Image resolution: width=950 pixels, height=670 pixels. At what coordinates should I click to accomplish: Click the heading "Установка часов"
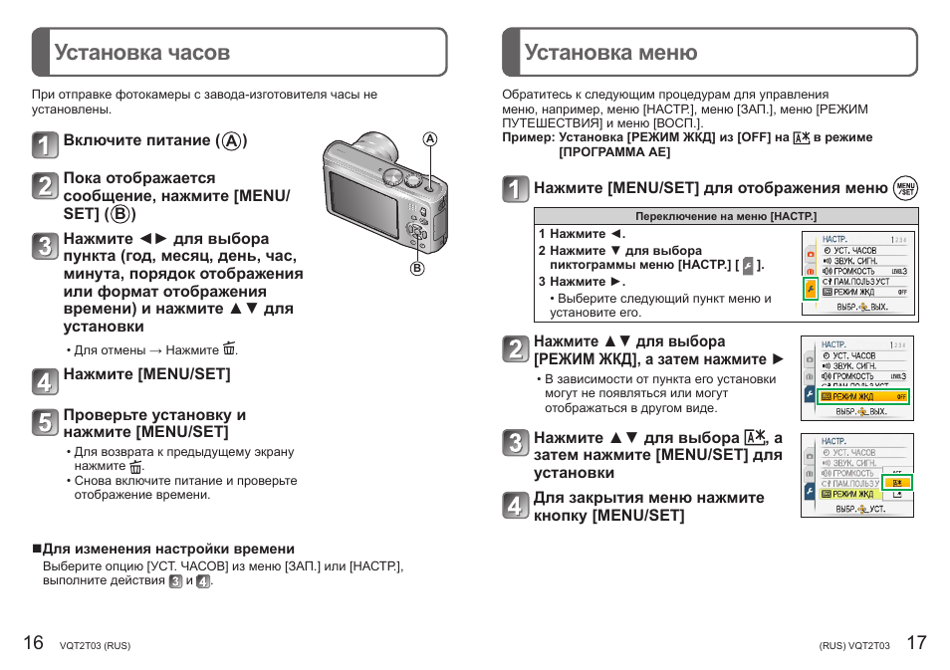click(x=141, y=53)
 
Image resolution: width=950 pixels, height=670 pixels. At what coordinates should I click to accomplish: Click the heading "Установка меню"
click(x=610, y=53)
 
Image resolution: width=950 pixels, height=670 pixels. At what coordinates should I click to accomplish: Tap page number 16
click(x=33, y=642)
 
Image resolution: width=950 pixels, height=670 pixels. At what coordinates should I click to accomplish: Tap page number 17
click(x=916, y=642)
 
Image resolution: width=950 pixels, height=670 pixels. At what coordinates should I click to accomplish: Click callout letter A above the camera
click(x=430, y=139)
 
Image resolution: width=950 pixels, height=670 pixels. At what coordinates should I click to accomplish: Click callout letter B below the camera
click(x=417, y=268)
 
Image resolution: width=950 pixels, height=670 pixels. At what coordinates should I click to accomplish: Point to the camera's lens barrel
click(x=373, y=147)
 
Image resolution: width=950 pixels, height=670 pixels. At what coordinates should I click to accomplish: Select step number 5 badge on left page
click(x=45, y=422)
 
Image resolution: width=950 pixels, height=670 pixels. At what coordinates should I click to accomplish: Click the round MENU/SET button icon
click(x=905, y=188)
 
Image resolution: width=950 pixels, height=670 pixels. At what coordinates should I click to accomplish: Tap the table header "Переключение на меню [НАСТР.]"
click(x=725, y=216)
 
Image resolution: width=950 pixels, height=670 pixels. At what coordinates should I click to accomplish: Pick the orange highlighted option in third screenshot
click(x=898, y=481)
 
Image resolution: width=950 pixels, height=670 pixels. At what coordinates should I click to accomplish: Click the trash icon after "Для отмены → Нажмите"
click(x=230, y=349)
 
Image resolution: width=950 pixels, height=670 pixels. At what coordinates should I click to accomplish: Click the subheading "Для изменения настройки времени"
click(x=167, y=549)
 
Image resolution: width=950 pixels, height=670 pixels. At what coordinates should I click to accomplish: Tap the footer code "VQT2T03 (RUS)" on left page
click(x=95, y=645)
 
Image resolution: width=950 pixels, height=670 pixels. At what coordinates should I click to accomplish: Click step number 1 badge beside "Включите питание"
click(x=45, y=145)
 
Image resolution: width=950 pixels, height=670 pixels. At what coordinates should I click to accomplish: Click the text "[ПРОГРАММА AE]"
click(x=614, y=152)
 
